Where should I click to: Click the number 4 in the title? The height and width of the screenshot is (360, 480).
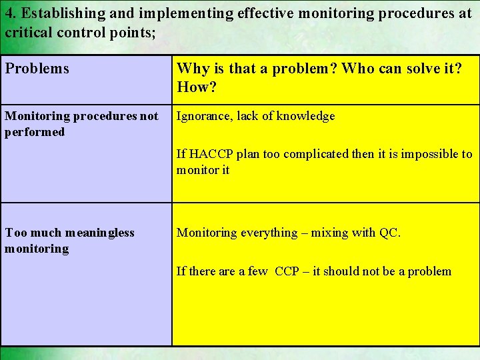(x=9, y=13)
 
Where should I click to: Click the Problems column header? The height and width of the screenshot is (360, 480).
(x=37, y=68)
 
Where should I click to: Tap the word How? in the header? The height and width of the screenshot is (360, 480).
(x=193, y=87)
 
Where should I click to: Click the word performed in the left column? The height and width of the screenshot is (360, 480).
(x=35, y=132)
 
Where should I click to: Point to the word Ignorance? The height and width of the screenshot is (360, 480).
(x=203, y=116)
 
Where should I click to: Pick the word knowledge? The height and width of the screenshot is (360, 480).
(x=307, y=116)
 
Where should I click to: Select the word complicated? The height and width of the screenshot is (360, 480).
(x=318, y=154)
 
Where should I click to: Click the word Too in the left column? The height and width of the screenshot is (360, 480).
(x=15, y=233)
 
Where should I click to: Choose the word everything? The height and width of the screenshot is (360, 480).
(x=263, y=233)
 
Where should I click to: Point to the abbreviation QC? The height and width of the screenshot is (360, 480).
(x=389, y=233)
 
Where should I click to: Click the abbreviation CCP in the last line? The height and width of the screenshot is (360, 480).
(x=287, y=271)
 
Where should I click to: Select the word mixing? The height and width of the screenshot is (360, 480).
(x=327, y=233)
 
